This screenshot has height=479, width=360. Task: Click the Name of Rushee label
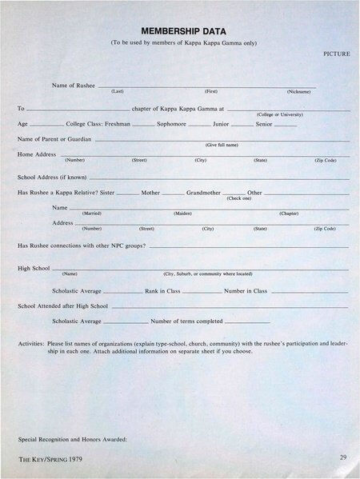point(73,84)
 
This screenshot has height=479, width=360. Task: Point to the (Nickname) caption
point(299,92)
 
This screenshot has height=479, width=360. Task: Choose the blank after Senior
point(286,126)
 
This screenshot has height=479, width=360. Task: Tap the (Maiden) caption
point(182,214)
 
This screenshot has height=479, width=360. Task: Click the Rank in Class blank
point(202,293)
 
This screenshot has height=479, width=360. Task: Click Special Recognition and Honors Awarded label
point(73,440)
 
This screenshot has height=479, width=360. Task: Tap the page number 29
point(342,457)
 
